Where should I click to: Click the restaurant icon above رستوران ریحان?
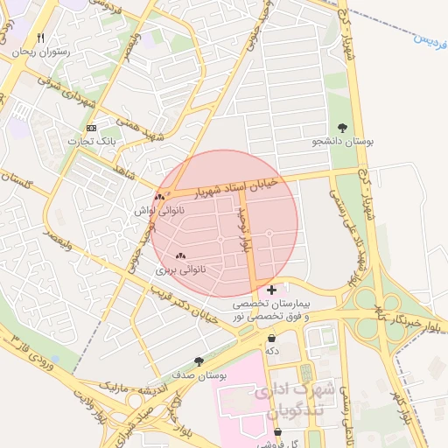[x=40, y=38]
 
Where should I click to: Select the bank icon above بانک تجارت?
[x=91, y=128]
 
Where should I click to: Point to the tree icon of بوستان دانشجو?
[x=341, y=127]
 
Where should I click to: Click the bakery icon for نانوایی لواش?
[x=160, y=197]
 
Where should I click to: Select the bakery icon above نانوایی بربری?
[x=181, y=256]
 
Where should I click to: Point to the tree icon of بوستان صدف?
[x=199, y=360]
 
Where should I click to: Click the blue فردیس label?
[x=428, y=38]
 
